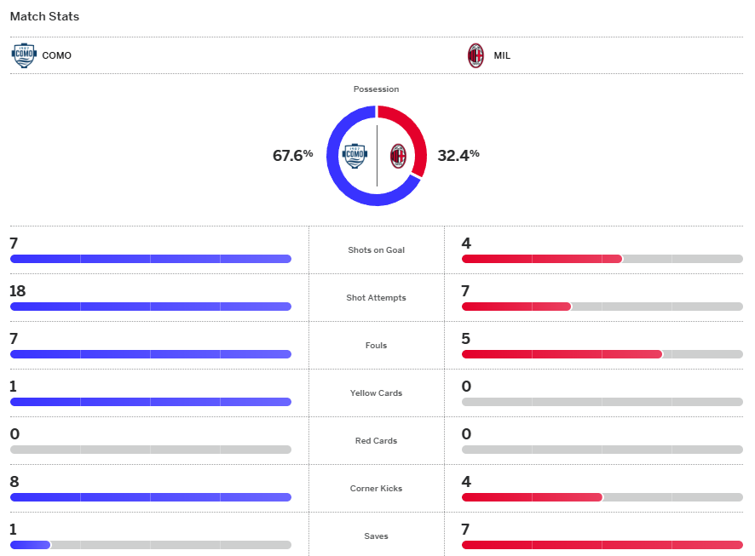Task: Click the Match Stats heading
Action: coord(44,16)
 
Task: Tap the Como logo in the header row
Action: coord(24,55)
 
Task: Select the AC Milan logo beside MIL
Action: coord(475,55)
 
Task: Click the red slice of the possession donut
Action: coord(407,131)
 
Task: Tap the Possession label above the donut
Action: coord(376,89)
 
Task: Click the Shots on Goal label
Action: coord(376,250)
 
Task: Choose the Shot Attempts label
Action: coord(376,298)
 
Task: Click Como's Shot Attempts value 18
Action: coord(18,291)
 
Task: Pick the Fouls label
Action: coord(376,346)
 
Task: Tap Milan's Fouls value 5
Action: coord(466,339)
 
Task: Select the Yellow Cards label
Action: coord(376,393)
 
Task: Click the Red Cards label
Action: coord(376,441)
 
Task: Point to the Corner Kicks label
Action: coord(376,489)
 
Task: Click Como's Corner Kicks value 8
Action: coord(14,482)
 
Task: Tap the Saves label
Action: coord(376,536)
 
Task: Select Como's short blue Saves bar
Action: coord(30,545)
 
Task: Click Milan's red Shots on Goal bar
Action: coord(541,259)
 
